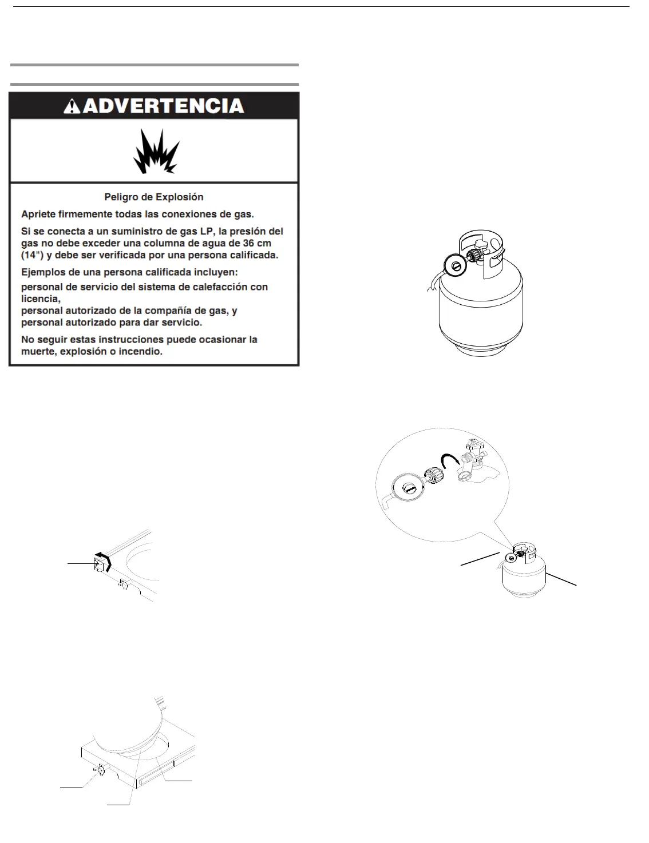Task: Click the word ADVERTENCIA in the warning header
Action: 164,106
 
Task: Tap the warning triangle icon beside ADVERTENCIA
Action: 72,106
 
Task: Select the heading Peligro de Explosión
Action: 154,197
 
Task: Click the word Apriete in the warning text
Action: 38,214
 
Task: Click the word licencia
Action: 39,299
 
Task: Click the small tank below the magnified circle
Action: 524,575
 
